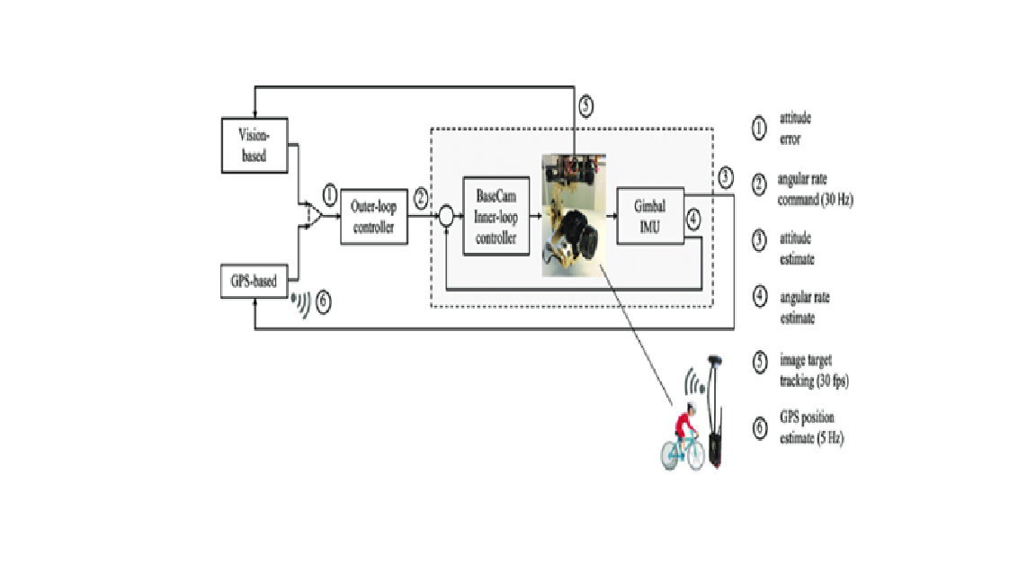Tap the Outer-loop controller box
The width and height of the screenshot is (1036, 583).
pos(373,217)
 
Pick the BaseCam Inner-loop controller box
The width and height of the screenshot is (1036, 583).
pos(495,217)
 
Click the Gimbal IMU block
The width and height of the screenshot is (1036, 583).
pos(649,217)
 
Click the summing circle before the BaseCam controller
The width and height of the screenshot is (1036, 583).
pos(445,217)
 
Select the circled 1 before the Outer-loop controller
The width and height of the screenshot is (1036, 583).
pos(330,194)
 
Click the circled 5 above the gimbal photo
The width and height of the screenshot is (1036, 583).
pos(585,106)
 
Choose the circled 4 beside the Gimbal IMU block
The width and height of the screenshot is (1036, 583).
pos(692,219)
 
